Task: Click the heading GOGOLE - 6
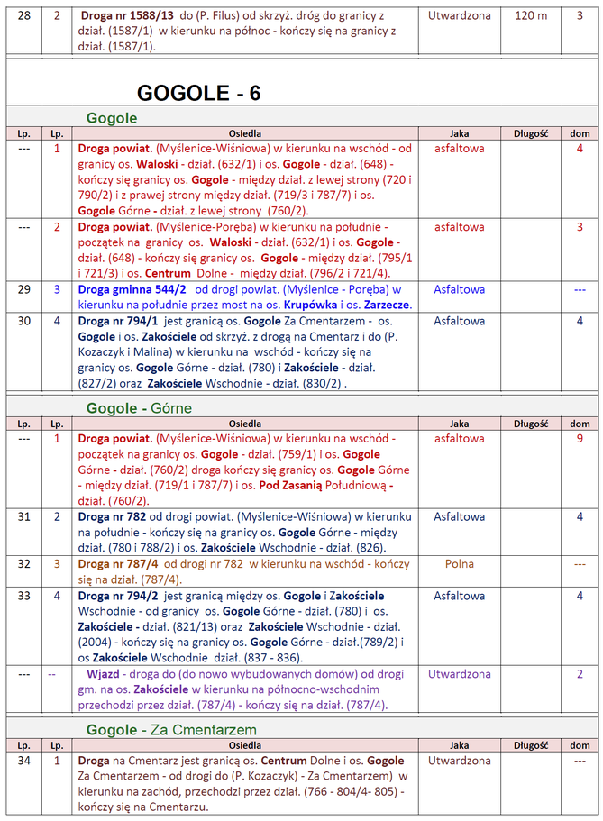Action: point(199,92)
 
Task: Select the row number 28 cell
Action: point(23,16)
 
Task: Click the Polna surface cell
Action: point(459,563)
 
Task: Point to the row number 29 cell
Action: point(23,289)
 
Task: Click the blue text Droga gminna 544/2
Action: point(132,289)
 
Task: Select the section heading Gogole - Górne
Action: point(139,408)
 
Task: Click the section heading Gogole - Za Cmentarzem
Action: point(171,729)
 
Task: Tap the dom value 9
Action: point(580,438)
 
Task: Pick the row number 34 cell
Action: point(23,761)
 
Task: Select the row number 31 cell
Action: point(23,516)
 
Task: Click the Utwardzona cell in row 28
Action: point(460,16)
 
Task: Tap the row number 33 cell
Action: point(23,596)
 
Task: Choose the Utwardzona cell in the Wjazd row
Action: point(460,673)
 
